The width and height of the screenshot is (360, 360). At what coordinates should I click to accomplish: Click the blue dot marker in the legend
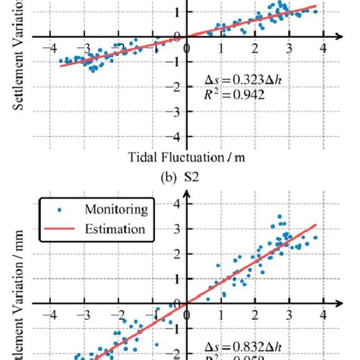tap(61, 209)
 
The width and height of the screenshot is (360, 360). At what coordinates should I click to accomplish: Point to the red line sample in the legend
tap(61, 229)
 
